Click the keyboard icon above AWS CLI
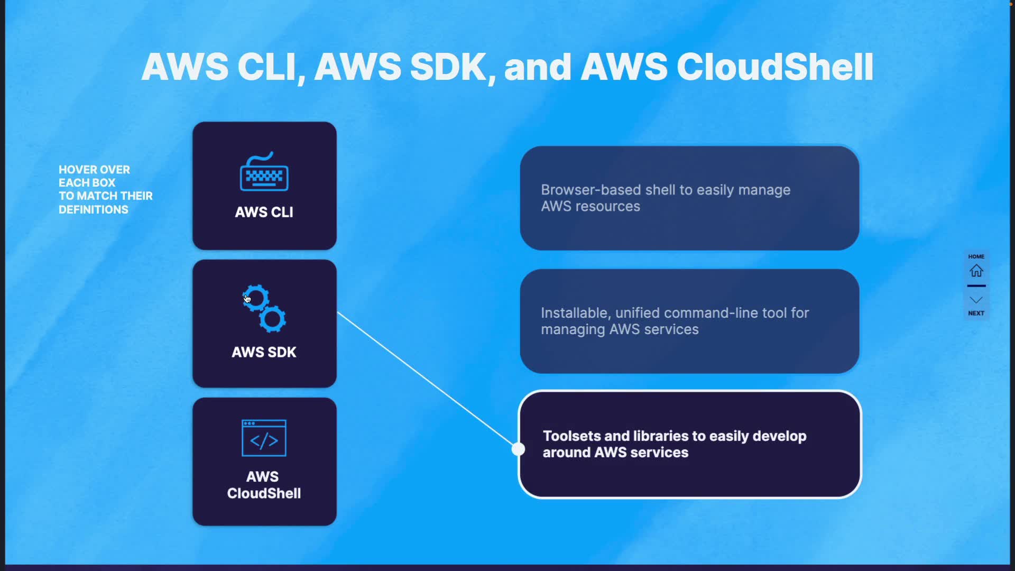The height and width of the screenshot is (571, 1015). click(264, 172)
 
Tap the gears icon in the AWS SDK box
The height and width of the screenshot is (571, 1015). click(264, 309)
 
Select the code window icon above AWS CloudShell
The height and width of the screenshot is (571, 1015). click(264, 438)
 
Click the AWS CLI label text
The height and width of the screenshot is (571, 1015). click(264, 212)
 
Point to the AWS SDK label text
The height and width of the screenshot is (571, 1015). click(264, 352)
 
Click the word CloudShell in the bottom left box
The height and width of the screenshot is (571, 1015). click(264, 493)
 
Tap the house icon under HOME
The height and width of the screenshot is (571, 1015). click(976, 271)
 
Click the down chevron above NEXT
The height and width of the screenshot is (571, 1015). click(976, 300)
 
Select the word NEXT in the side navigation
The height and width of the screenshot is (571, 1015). click(976, 313)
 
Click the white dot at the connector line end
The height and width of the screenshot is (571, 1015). click(519, 449)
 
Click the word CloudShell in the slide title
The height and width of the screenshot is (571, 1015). click(774, 67)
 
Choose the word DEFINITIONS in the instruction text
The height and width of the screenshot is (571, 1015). click(94, 210)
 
